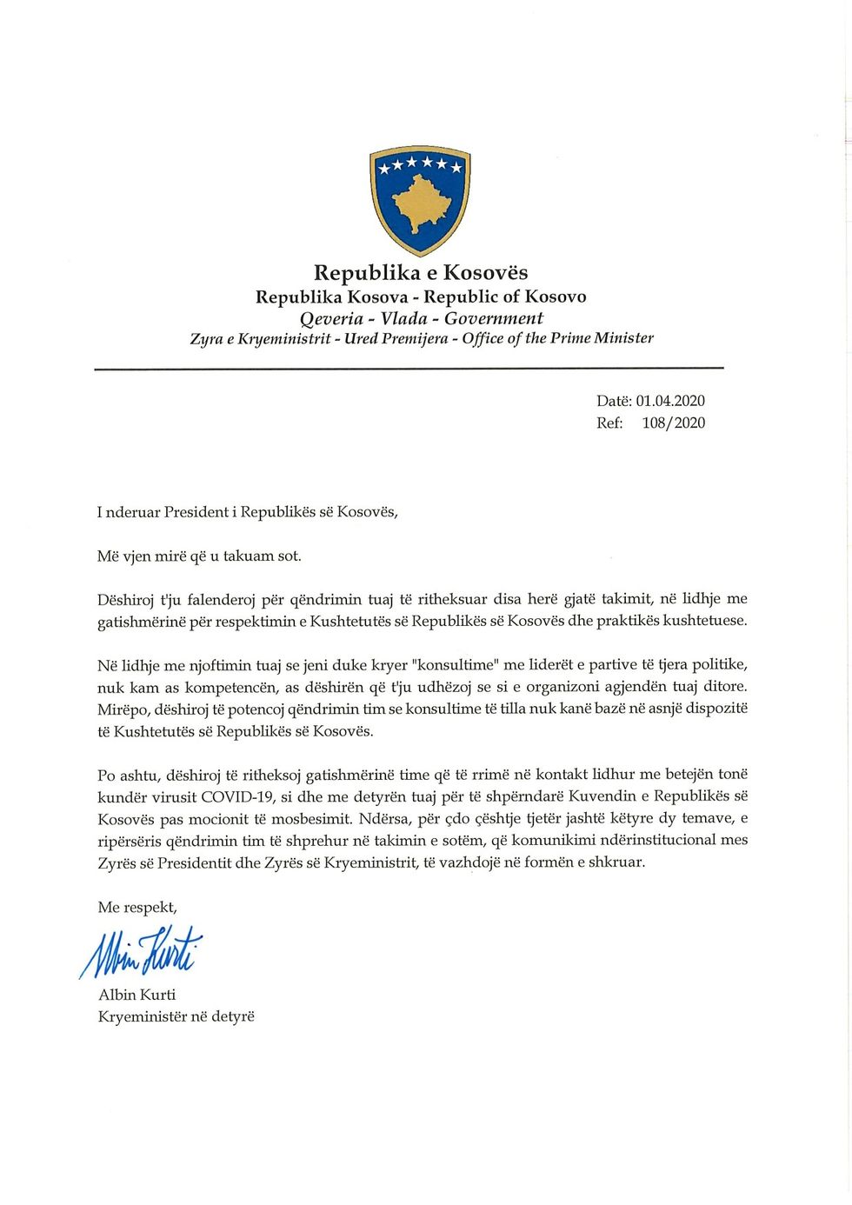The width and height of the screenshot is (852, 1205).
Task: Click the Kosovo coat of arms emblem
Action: [420, 200]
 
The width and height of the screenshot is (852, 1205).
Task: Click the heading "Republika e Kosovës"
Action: [421, 273]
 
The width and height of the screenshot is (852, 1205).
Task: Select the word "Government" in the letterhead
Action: [494, 318]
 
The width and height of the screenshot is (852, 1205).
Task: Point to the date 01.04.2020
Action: [670, 401]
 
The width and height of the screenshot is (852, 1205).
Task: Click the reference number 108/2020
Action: [674, 423]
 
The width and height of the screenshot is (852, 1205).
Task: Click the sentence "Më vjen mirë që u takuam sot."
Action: [199, 556]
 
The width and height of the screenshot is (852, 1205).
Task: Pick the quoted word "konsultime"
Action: [456, 665]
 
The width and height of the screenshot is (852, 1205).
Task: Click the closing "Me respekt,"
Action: [137, 908]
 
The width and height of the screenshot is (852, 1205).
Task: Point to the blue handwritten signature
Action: [141, 951]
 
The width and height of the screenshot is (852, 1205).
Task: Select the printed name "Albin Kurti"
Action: [136, 995]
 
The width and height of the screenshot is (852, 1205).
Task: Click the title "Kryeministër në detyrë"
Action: [176, 1016]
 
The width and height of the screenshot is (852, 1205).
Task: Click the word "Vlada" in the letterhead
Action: [404, 318]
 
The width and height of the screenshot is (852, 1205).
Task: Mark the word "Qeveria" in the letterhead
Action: [331, 318]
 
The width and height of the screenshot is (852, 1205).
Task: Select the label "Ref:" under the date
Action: [609, 423]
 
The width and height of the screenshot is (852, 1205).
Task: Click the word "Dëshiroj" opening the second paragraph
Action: [124, 599]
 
